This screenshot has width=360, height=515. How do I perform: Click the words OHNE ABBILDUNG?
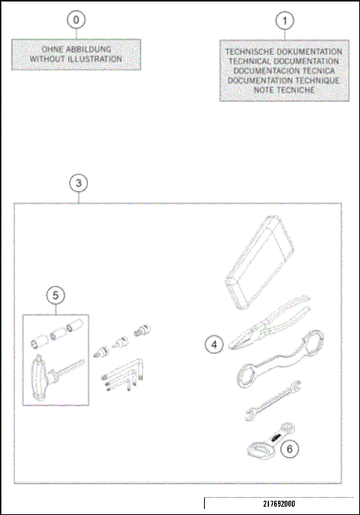[x=76, y=50]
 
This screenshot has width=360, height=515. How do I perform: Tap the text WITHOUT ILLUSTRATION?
[x=76, y=58]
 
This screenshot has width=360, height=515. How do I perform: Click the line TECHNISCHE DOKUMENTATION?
[x=283, y=52]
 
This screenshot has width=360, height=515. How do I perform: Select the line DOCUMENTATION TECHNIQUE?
[x=283, y=79]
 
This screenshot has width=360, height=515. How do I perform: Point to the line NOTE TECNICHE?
[x=283, y=89]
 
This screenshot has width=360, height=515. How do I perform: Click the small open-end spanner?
[x=275, y=401]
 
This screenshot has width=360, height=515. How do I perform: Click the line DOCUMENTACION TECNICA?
[x=283, y=70]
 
